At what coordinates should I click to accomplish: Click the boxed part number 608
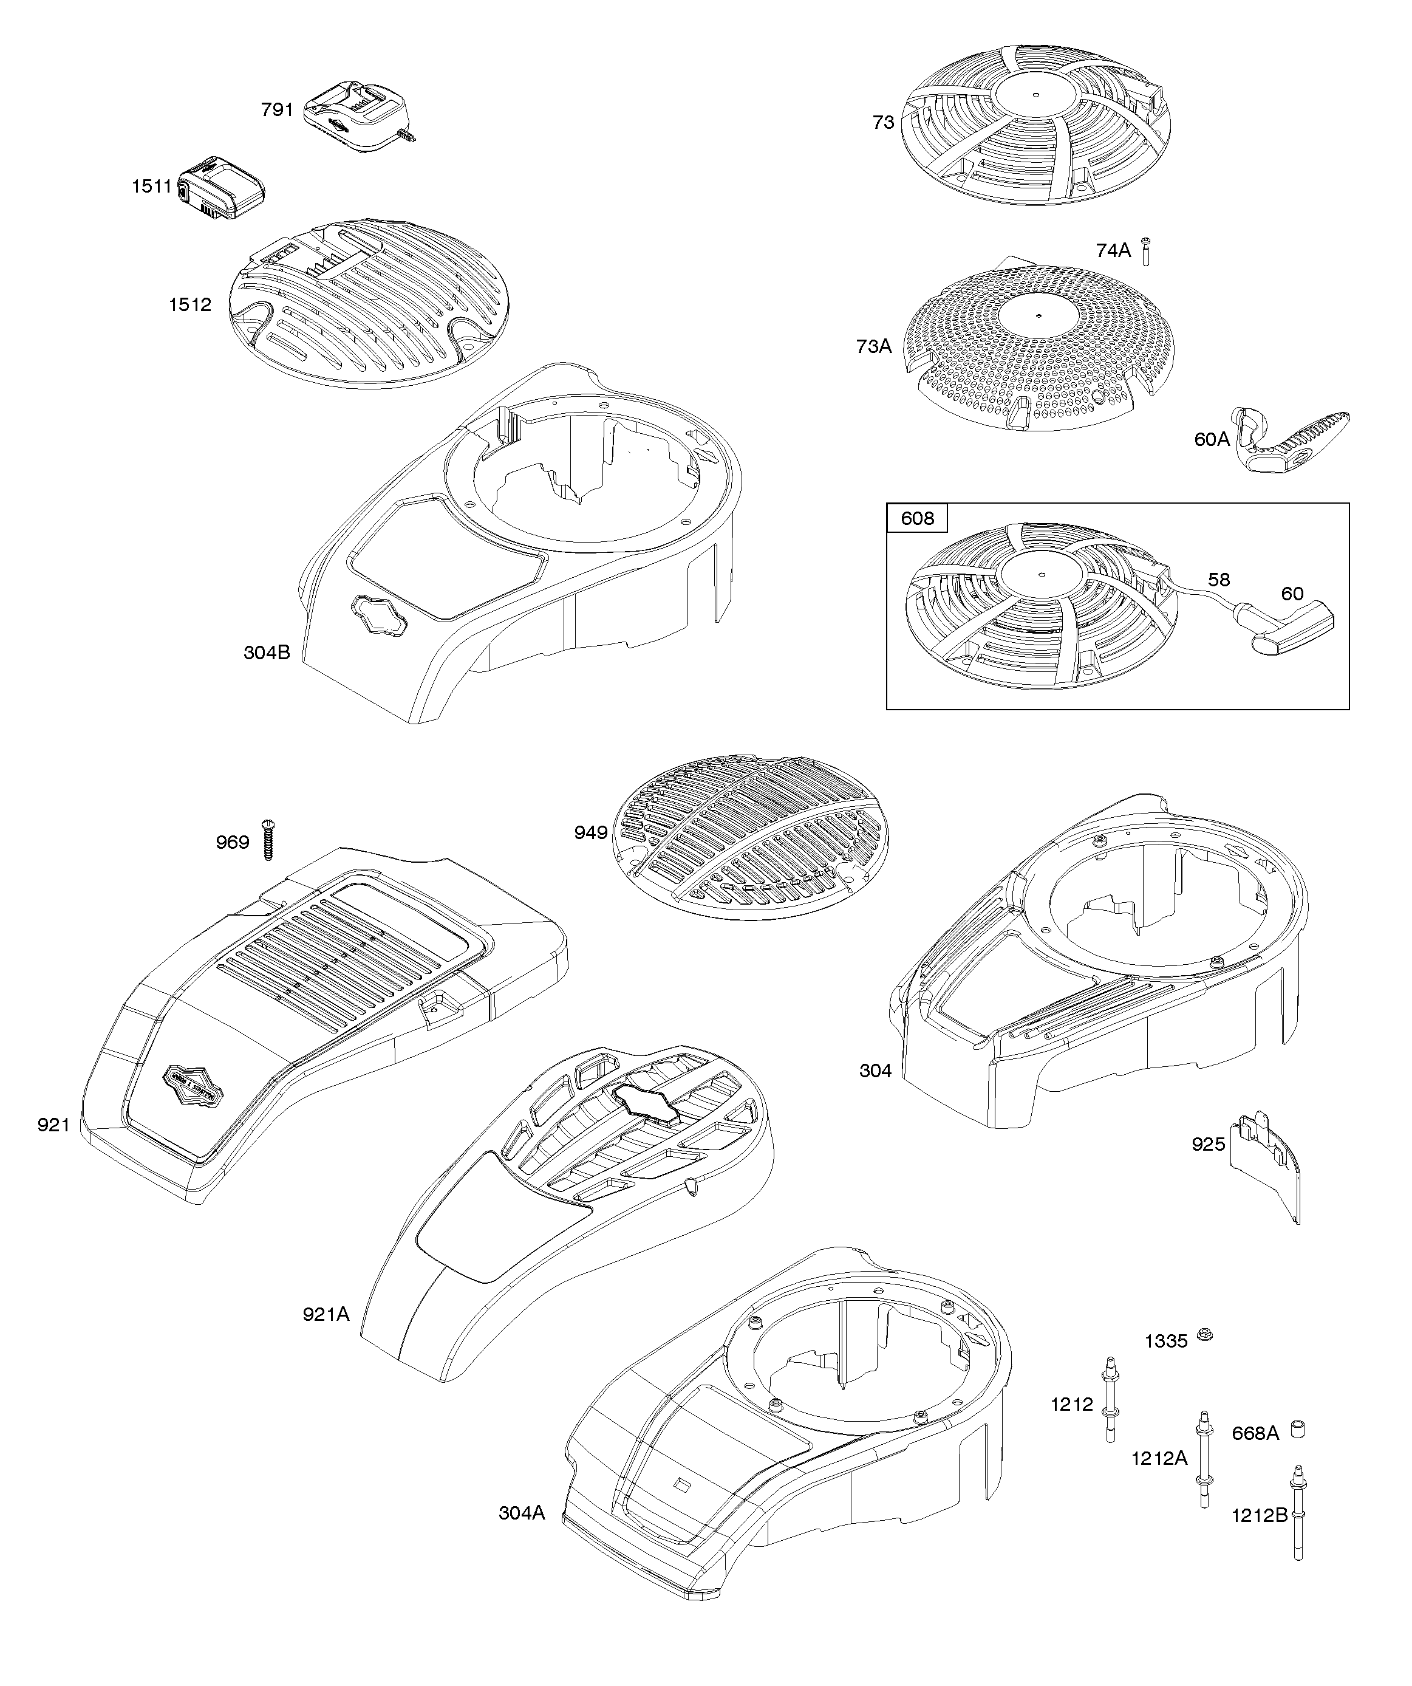point(916,519)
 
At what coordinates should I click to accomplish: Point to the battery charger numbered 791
point(359,117)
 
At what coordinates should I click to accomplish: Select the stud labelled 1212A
point(1204,1461)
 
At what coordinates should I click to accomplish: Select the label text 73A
point(873,346)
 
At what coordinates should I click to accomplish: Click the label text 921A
point(326,1314)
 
